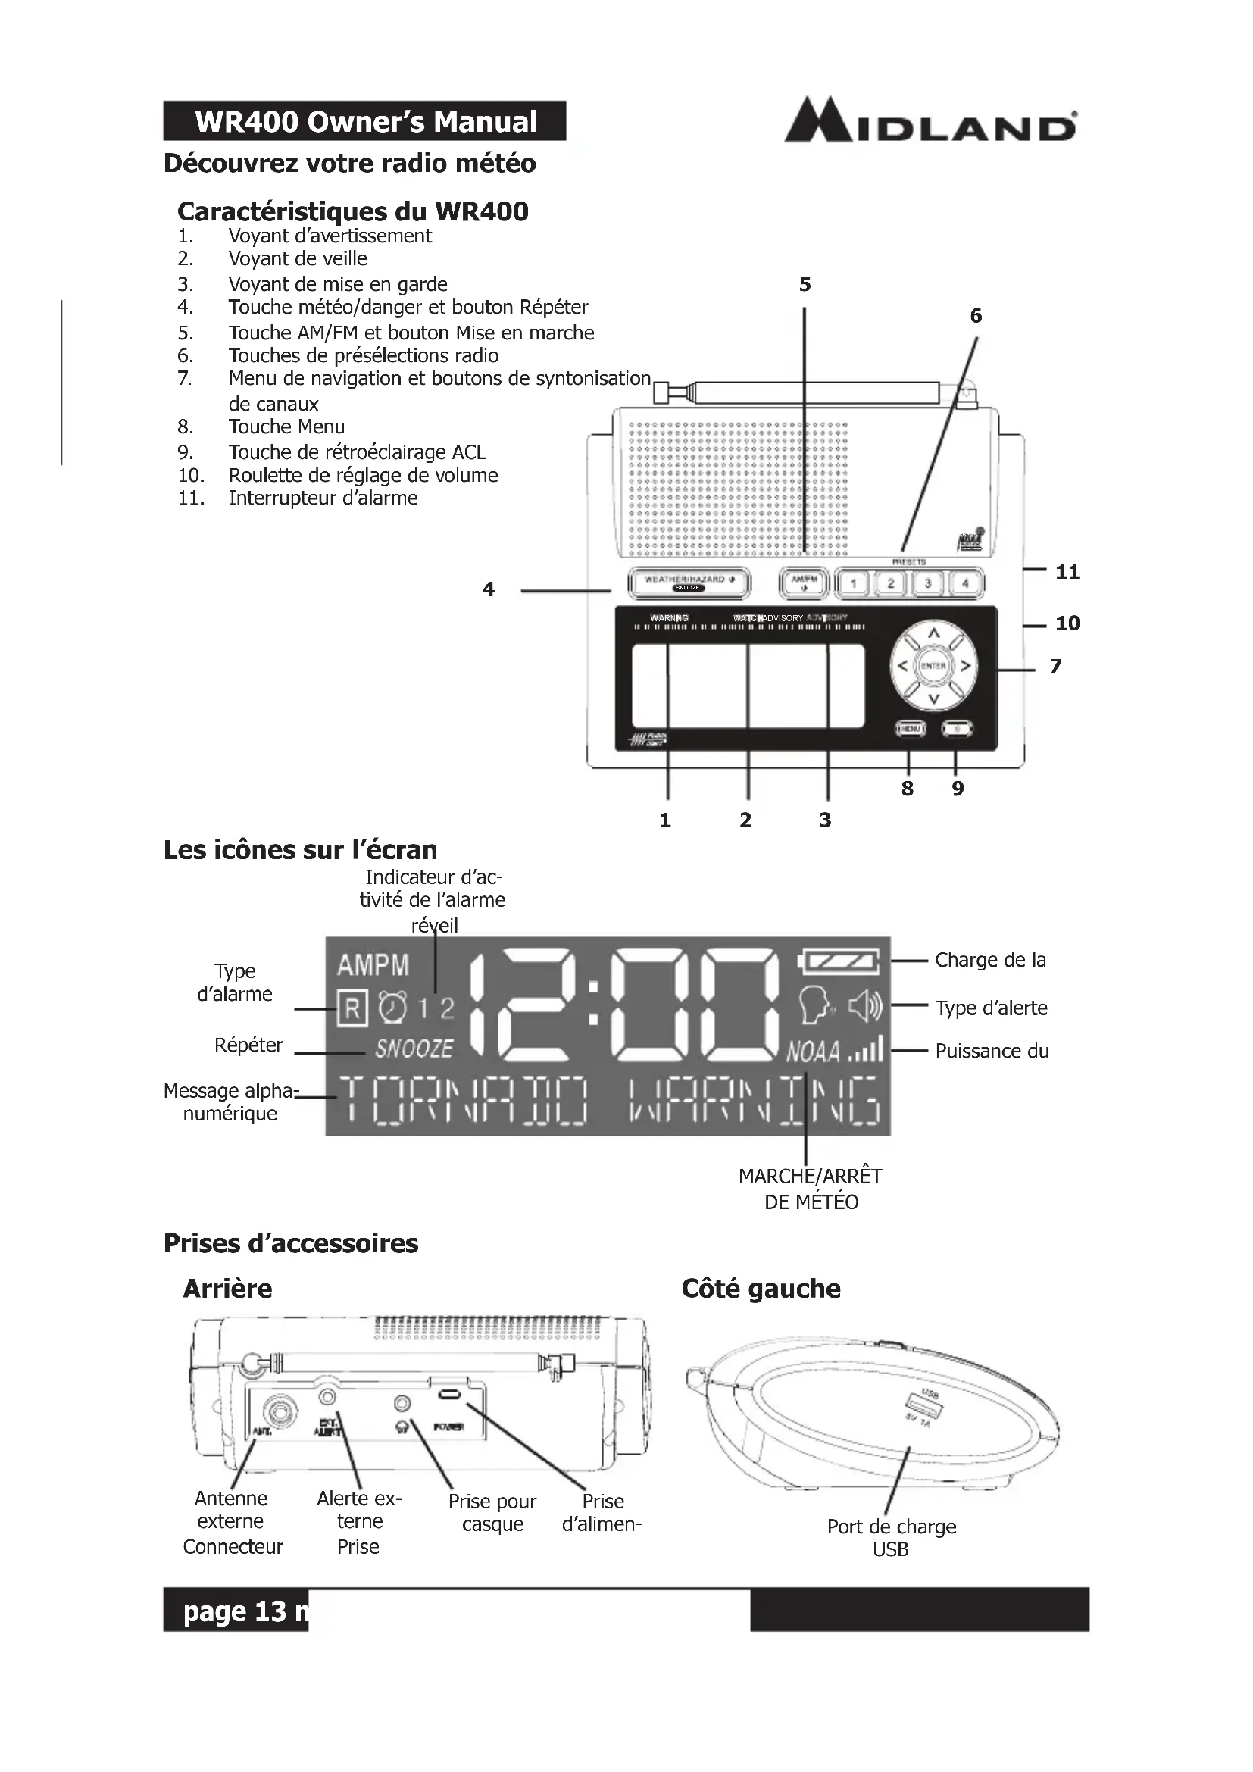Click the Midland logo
coord(930,121)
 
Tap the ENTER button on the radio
coord(933,666)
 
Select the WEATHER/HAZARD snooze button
coord(688,583)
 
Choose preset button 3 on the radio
coord(928,583)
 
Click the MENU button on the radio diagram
coord(910,728)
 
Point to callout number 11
coord(1067,572)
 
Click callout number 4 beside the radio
coord(488,589)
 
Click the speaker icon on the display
coord(865,1006)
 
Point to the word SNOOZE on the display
coord(414,1049)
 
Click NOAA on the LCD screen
coord(812,1052)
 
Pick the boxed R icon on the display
coord(352,1007)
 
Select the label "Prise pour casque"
coord(492,1512)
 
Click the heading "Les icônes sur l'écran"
coord(300,850)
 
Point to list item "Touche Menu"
coord(286,427)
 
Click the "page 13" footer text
coord(235,1611)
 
